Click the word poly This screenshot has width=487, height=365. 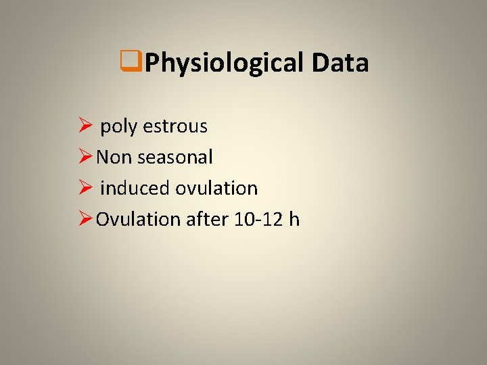119,126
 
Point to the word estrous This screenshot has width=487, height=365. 175,126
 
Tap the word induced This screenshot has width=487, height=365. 135,188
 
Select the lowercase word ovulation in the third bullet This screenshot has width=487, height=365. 216,188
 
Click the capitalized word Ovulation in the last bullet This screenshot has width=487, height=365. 139,219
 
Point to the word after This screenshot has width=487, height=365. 208,219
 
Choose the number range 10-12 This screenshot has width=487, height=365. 259,219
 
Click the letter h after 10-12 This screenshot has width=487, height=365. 294,219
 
